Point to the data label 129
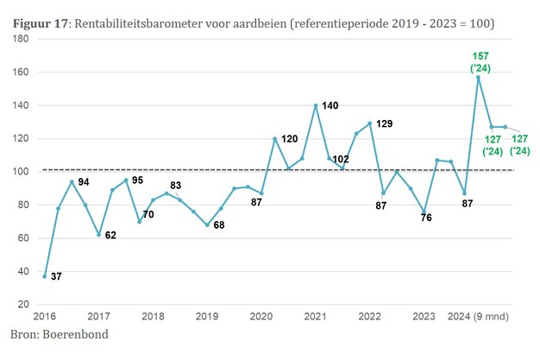[385, 123]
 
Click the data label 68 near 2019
[220, 225]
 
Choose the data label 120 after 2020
[289, 139]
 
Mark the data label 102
[341, 159]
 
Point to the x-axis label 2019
[208, 317]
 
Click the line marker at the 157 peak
[478, 78]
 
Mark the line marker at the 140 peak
[316, 105]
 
